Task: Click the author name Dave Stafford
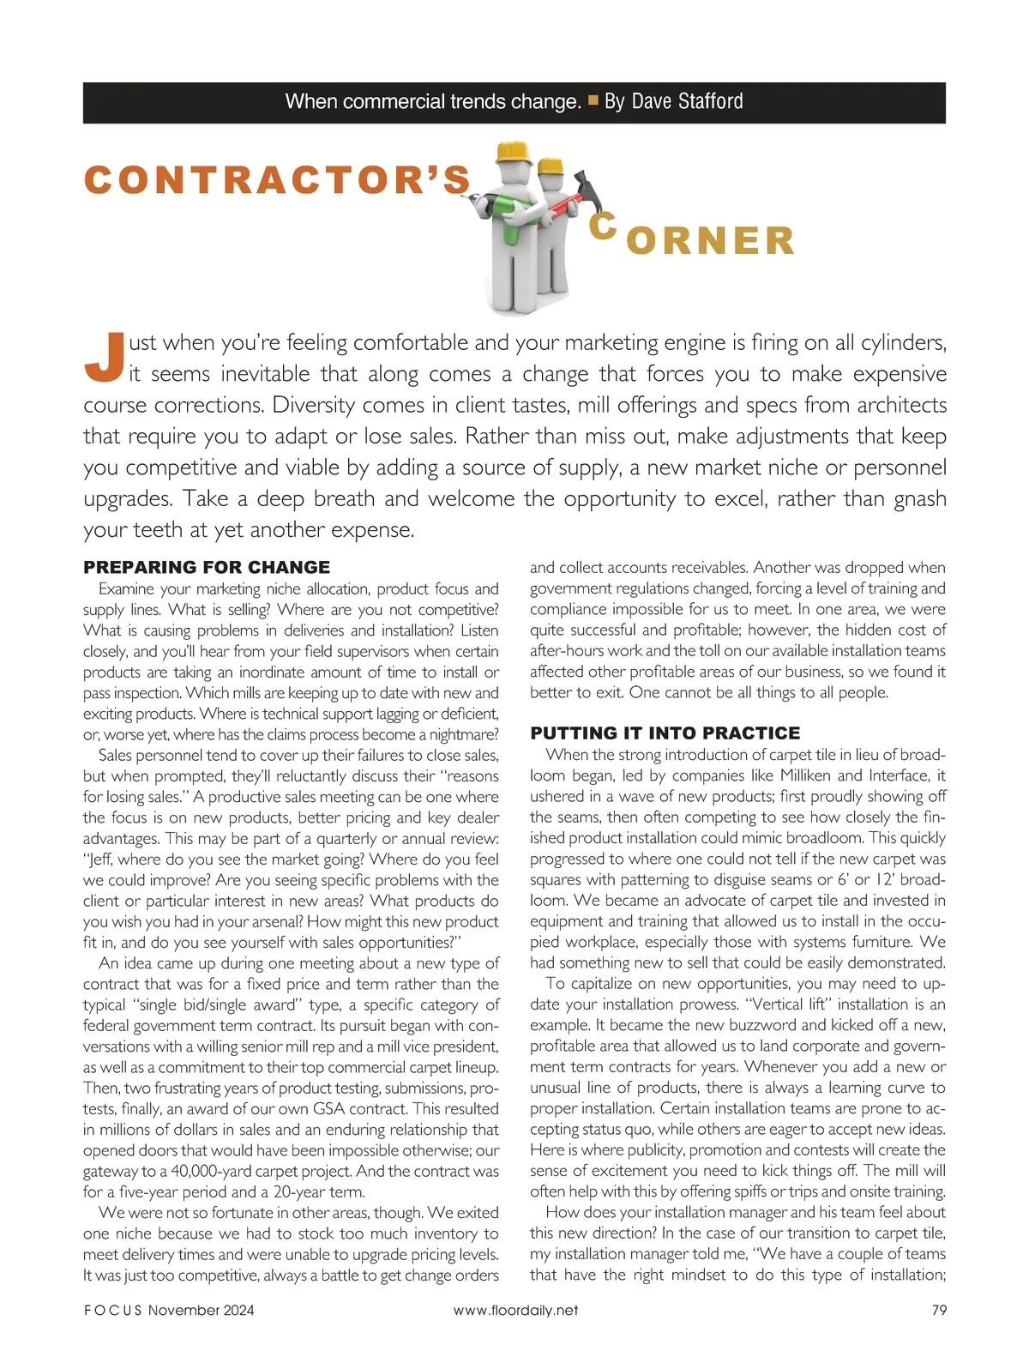687,102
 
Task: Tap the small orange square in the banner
593,101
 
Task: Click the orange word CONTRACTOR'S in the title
278,179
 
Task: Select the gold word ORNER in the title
711,241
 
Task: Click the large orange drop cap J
104,357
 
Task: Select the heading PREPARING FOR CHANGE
207,567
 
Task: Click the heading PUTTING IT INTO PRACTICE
665,733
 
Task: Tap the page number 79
938,1310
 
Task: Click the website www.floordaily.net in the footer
515,1310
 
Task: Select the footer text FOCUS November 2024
169,1310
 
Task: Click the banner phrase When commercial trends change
433,102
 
